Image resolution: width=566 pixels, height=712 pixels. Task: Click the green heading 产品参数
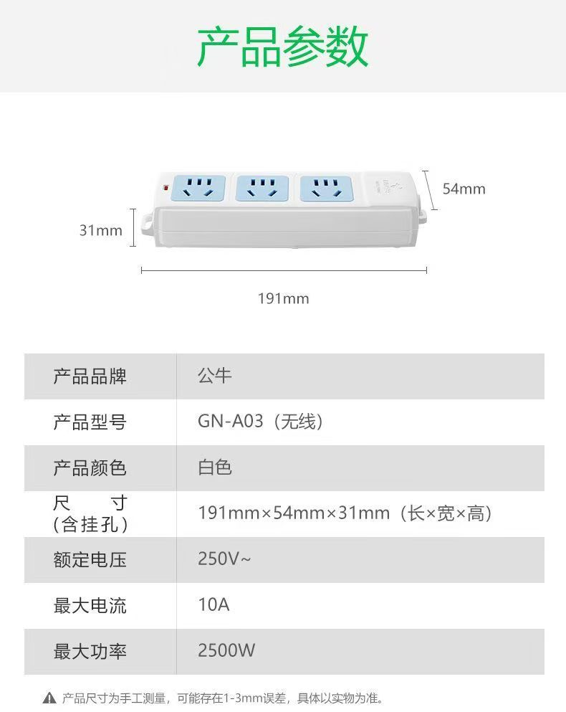tap(282, 47)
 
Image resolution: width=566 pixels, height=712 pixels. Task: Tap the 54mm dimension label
tap(464, 189)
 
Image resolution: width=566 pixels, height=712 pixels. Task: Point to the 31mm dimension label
tap(100, 230)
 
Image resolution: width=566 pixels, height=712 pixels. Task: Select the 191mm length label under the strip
tap(284, 298)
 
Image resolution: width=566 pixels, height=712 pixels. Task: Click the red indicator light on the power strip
tap(166, 189)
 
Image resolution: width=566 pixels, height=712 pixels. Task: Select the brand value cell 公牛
tap(215, 376)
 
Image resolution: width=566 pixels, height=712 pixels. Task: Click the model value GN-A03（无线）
tap(261, 422)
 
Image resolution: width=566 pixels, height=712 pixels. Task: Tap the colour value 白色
tap(215, 467)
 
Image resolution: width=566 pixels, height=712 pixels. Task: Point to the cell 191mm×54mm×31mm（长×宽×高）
tap(345, 513)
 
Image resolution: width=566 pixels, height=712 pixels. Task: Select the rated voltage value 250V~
tap(224, 559)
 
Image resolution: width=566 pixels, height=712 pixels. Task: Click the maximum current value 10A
tap(214, 605)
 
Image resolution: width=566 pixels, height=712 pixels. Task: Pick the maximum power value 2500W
tap(226, 651)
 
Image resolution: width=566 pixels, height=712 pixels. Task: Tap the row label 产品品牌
tap(90, 376)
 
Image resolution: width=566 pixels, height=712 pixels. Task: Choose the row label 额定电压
tap(90, 559)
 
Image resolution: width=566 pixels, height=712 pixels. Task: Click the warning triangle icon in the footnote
tap(49, 698)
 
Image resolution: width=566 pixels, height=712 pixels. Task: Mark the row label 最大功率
tap(90, 651)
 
